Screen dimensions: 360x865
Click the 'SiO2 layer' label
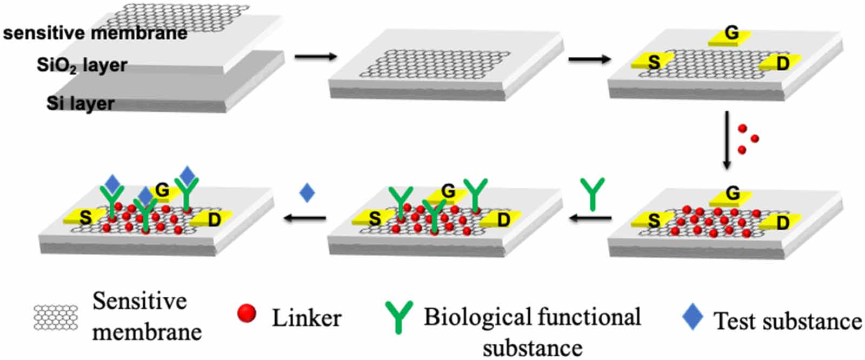coord(82,65)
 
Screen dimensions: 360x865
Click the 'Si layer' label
coord(80,103)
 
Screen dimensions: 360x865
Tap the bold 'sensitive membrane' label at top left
coord(95,33)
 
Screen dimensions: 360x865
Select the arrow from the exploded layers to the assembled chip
coord(316,56)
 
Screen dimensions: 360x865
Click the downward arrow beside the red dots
coord(727,141)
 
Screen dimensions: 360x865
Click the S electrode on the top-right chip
coord(653,62)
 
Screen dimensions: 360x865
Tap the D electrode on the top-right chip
coord(781,63)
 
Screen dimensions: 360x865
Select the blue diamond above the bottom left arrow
coord(307,192)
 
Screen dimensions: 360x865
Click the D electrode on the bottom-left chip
coord(212,219)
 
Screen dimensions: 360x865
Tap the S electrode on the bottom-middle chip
coord(374,218)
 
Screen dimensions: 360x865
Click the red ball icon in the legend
coord(246,313)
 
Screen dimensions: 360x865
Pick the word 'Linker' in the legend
coord(306,317)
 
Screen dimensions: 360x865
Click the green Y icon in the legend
coord(399,316)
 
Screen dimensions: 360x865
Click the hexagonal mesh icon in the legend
coord(56,317)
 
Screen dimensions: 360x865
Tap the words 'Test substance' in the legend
coord(788,321)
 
